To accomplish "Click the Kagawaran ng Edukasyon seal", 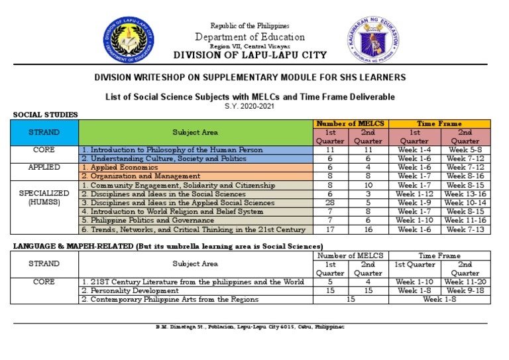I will pyautogui.click(x=374, y=41).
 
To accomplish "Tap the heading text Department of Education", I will pyautogui.click(x=250, y=37).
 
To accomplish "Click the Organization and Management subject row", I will pyautogui.click(x=141, y=176).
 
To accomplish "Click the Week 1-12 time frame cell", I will pyautogui.click(x=414, y=194).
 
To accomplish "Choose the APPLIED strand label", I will pyautogui.click(x=44, y=168).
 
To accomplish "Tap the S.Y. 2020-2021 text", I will pyautogui.click(x=250, y=107).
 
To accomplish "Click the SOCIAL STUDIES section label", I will pyautogui.click(x=45, y=115).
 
